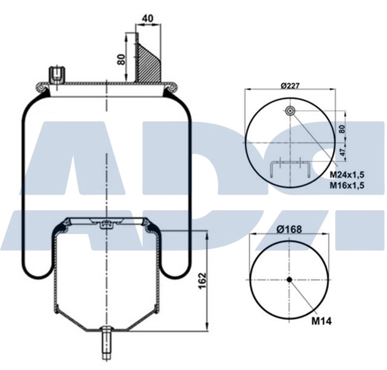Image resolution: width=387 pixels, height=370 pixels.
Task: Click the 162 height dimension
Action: [x=202, y=279]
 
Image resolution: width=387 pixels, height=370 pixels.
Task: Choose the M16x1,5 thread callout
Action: [x=347, y=185]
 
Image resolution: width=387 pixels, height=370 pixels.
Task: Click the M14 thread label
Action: [x=322, y=321]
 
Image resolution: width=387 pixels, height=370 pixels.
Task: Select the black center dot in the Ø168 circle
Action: [x=289, y=280]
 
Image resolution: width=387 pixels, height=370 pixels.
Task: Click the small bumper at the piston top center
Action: [x=106, y=224]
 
